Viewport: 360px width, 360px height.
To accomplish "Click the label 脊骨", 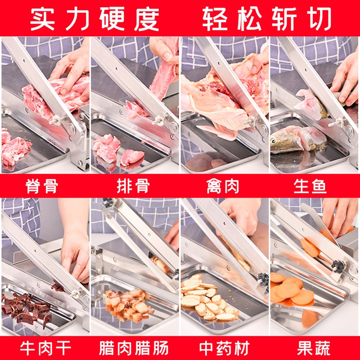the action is [41, 186].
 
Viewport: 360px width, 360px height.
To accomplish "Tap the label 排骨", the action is [133, 186].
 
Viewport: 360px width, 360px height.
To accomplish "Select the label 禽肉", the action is [222, 186].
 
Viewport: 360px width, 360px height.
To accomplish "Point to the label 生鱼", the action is [310, 186].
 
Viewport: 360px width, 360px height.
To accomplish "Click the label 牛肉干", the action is [45, 348].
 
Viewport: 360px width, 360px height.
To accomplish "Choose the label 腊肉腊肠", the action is [134, 348].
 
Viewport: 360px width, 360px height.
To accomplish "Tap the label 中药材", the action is [224, 348].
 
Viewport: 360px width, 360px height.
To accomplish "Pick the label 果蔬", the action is [314, 348].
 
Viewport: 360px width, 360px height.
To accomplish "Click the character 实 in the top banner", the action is [42, 18].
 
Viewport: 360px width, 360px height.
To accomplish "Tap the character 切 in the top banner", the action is [319, 18].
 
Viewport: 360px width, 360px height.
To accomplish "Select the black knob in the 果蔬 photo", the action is [338, 266].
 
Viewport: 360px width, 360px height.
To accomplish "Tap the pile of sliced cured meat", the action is [129, 304].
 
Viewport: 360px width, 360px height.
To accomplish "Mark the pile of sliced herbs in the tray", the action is [208, 300].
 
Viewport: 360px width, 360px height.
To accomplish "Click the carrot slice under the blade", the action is [310, 247].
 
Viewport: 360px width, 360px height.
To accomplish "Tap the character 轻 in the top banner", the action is [215, 18].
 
